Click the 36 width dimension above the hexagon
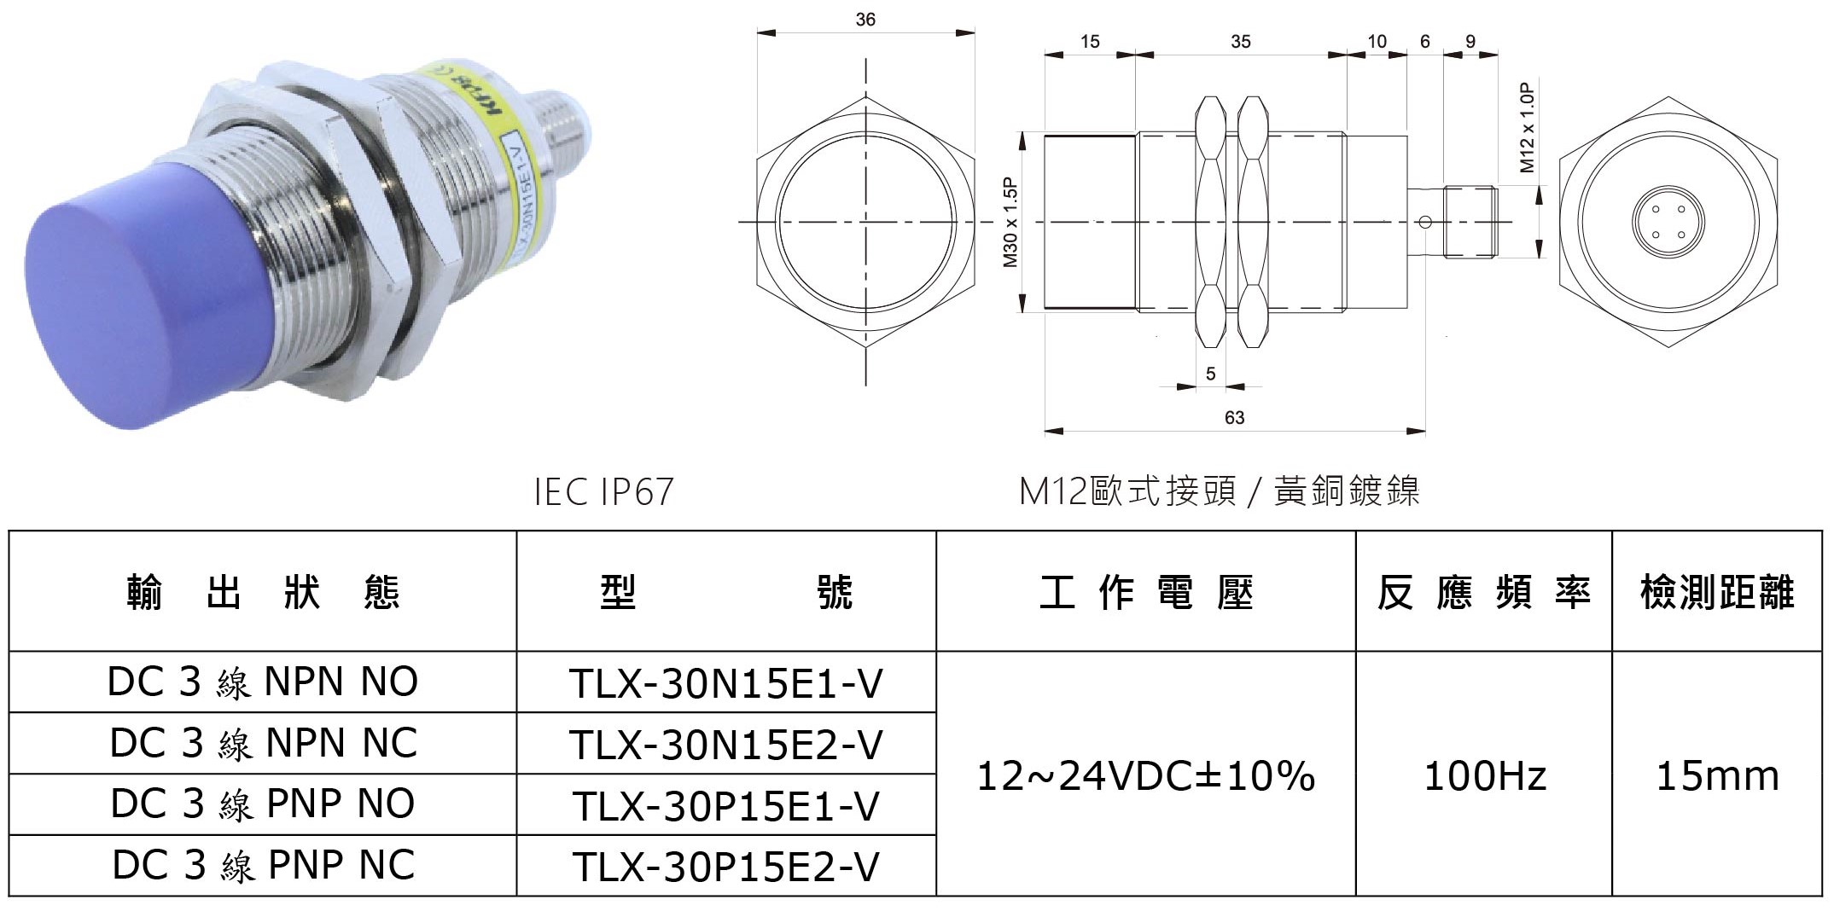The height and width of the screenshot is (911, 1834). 865,20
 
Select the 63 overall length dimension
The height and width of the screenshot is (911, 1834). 1234,418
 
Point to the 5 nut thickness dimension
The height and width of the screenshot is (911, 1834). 1210,374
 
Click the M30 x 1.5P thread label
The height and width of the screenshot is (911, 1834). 1010,223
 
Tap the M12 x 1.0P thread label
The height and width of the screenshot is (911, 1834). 1528,128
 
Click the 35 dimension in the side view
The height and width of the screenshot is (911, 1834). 1240,42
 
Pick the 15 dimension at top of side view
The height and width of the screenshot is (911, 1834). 1090,42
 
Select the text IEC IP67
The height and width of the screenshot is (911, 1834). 603,492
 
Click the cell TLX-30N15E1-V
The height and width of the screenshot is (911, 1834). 725,683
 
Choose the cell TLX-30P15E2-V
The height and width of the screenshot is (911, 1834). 725,867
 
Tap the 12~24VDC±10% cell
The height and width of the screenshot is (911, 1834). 1145,775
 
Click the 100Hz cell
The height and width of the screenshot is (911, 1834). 1484,775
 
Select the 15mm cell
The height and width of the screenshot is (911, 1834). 1717,775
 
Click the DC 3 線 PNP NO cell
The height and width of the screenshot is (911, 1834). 262,804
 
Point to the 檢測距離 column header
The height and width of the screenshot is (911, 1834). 1717,592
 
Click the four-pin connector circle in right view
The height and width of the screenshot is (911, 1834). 1668,222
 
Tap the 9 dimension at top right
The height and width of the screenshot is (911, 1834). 1470,42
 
